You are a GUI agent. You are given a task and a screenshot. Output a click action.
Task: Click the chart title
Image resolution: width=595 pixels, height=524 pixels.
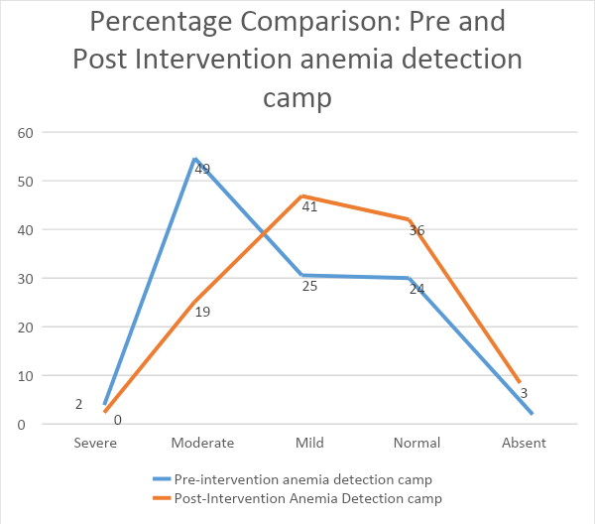(x=297, y=60)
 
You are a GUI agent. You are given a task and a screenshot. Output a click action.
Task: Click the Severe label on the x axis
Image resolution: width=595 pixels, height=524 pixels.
(x=96, y=443)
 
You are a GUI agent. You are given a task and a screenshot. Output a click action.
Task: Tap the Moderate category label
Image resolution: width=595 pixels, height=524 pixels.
(x=202, y=443)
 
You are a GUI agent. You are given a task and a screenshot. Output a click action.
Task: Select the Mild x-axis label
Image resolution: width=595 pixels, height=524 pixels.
(x=309, y=443)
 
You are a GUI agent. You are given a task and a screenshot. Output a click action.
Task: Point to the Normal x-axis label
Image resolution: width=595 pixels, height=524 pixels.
(x=416, y=443)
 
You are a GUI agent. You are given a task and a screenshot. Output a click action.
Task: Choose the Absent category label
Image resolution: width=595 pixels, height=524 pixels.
(x=524, y=443)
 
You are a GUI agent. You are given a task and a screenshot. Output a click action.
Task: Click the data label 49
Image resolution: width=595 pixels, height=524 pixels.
(x=202, y=170)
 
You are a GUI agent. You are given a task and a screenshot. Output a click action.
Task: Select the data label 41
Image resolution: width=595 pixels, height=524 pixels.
(x=309, y=207)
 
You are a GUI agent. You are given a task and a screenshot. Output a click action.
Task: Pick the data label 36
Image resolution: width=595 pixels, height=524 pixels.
(x=416, y=230)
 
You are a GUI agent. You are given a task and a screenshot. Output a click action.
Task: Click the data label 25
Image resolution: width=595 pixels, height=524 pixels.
(x=309, y=287)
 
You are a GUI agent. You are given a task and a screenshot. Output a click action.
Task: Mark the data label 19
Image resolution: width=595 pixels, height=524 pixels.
(x=202, y=312)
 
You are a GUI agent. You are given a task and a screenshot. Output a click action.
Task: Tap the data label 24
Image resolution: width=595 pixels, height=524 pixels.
(x=416, y=290)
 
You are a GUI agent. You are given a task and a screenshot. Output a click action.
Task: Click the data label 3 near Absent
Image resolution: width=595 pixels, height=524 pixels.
(x=524, y=393)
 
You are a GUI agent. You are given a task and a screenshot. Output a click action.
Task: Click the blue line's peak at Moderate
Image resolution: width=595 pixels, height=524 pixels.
(x=195, y=159)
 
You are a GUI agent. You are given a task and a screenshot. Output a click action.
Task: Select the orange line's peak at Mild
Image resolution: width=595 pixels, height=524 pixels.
(x=302, y=196)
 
